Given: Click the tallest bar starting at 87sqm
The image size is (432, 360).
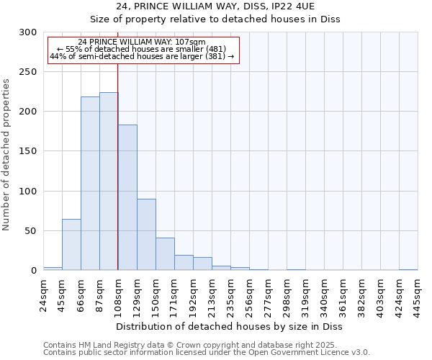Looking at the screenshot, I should [x=109, y=181].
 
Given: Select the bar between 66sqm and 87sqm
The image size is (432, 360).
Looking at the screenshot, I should [x=90, y=184].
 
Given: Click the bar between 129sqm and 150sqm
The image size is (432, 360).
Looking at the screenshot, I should [x=146, y=235].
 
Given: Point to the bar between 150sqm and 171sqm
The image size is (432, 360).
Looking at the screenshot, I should [x=165, y=254].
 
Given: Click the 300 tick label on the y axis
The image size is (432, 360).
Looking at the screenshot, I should [x=27, y=32].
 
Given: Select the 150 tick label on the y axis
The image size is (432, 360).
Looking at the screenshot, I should [x=27, y=151].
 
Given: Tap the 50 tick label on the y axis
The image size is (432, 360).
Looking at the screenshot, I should [x=30, y=231].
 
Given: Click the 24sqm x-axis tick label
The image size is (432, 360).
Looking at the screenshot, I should [x=44, y=294].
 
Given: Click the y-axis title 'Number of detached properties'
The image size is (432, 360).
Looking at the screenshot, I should [x=7, y=151].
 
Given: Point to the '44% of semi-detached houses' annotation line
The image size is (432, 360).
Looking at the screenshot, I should [x=142, y=56].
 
